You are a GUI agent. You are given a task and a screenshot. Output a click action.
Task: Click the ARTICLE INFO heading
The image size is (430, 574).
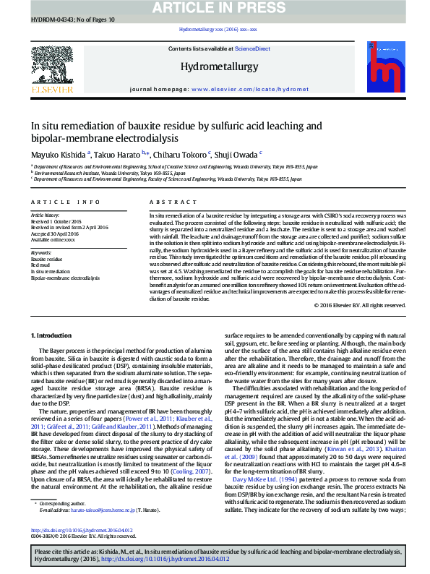coord(65,202)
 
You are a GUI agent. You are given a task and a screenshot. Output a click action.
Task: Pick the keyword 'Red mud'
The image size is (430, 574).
coord(40,264)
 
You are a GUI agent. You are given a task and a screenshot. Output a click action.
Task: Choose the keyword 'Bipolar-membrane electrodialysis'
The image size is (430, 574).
coord(65,278)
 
